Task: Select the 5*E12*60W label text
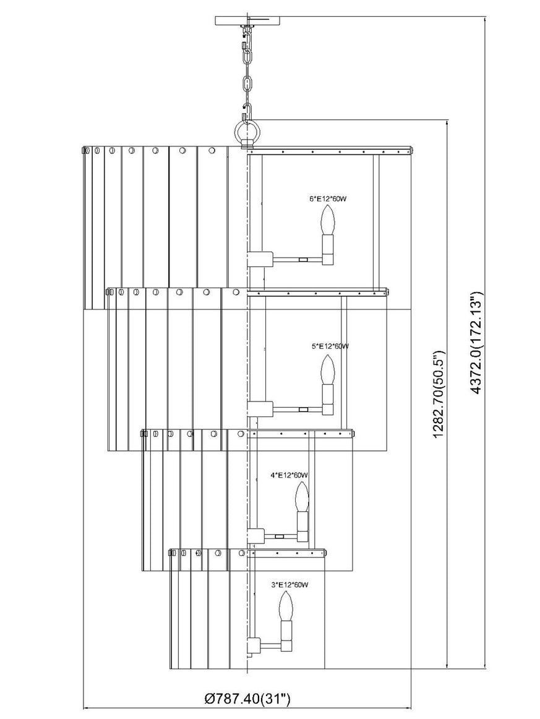tap(330, 346)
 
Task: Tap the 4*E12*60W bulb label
tap(289, 475)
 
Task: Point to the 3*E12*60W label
tap(289, 584)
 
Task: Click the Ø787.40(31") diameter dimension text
tap(247, 699)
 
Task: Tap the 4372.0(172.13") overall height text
tap(477, 342)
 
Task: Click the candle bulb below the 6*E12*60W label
tap(328, 220)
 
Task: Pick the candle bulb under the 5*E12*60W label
tap(328, 370)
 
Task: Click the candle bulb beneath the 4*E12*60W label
tap(301, 498)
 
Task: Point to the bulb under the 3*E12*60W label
tap(286, 605)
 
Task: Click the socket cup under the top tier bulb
tap(328, 250)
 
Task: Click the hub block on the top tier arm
tap(260, 259)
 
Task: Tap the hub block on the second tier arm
tap(260, 408)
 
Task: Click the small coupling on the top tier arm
tap(302, 259)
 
